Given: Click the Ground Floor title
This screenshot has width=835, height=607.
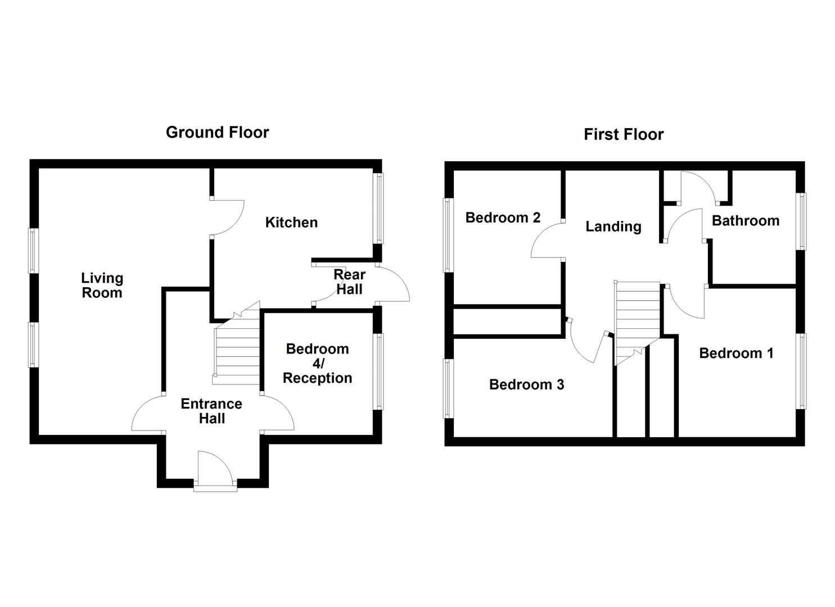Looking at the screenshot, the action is click(217, 133).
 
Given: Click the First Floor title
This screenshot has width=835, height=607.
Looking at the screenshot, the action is click(624, 134).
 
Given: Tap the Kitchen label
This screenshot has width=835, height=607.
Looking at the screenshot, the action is click(291, 223).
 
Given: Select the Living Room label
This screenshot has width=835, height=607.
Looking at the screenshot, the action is click(102, 285).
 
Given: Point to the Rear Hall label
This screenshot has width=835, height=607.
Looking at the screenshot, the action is click(349, 282).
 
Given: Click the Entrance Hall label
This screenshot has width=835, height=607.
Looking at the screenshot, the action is click(211, 411).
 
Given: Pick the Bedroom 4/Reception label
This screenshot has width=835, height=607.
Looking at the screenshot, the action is click(318, 363).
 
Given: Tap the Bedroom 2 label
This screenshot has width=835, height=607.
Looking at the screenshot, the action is click(503, 218).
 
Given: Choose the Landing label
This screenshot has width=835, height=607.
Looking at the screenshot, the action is click(613, 227).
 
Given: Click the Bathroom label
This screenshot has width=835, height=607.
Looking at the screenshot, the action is click(746, 220).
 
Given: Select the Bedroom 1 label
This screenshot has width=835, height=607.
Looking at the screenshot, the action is click(736, 354).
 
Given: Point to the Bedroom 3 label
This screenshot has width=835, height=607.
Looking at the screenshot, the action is click(527, 384).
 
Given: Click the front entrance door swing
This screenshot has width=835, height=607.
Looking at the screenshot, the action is click(215, 468).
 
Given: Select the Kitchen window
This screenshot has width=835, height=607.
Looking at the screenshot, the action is click(379, 209).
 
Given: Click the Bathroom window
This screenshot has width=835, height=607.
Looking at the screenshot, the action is click(801, 221).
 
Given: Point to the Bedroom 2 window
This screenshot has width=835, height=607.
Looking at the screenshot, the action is click(448, 235).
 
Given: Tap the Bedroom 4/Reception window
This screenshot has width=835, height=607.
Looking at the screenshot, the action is click(379, 372).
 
